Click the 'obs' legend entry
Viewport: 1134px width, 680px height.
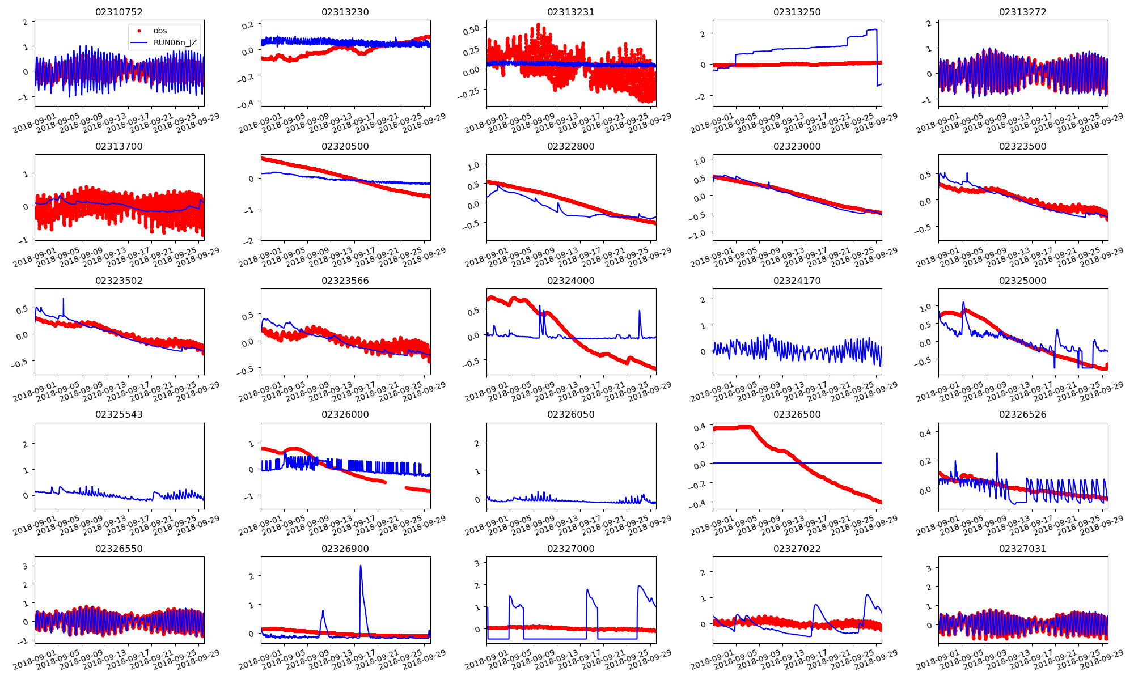160,31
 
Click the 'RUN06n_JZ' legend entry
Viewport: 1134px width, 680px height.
175,42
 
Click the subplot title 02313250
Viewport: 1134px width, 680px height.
797,12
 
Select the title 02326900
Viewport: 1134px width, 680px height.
345,549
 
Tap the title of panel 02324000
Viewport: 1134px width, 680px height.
570,280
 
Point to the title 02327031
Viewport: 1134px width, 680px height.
1022,549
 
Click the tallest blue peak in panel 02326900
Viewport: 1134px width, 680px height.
361,566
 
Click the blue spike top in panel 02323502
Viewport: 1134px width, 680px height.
64,299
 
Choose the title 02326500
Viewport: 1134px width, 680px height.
797,414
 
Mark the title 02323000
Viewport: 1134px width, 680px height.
797,146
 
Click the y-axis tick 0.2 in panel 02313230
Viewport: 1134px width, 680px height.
248,25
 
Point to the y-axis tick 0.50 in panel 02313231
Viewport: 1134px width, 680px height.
472,29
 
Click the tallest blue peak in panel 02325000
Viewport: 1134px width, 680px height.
963,302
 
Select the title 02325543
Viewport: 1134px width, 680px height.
119,414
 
